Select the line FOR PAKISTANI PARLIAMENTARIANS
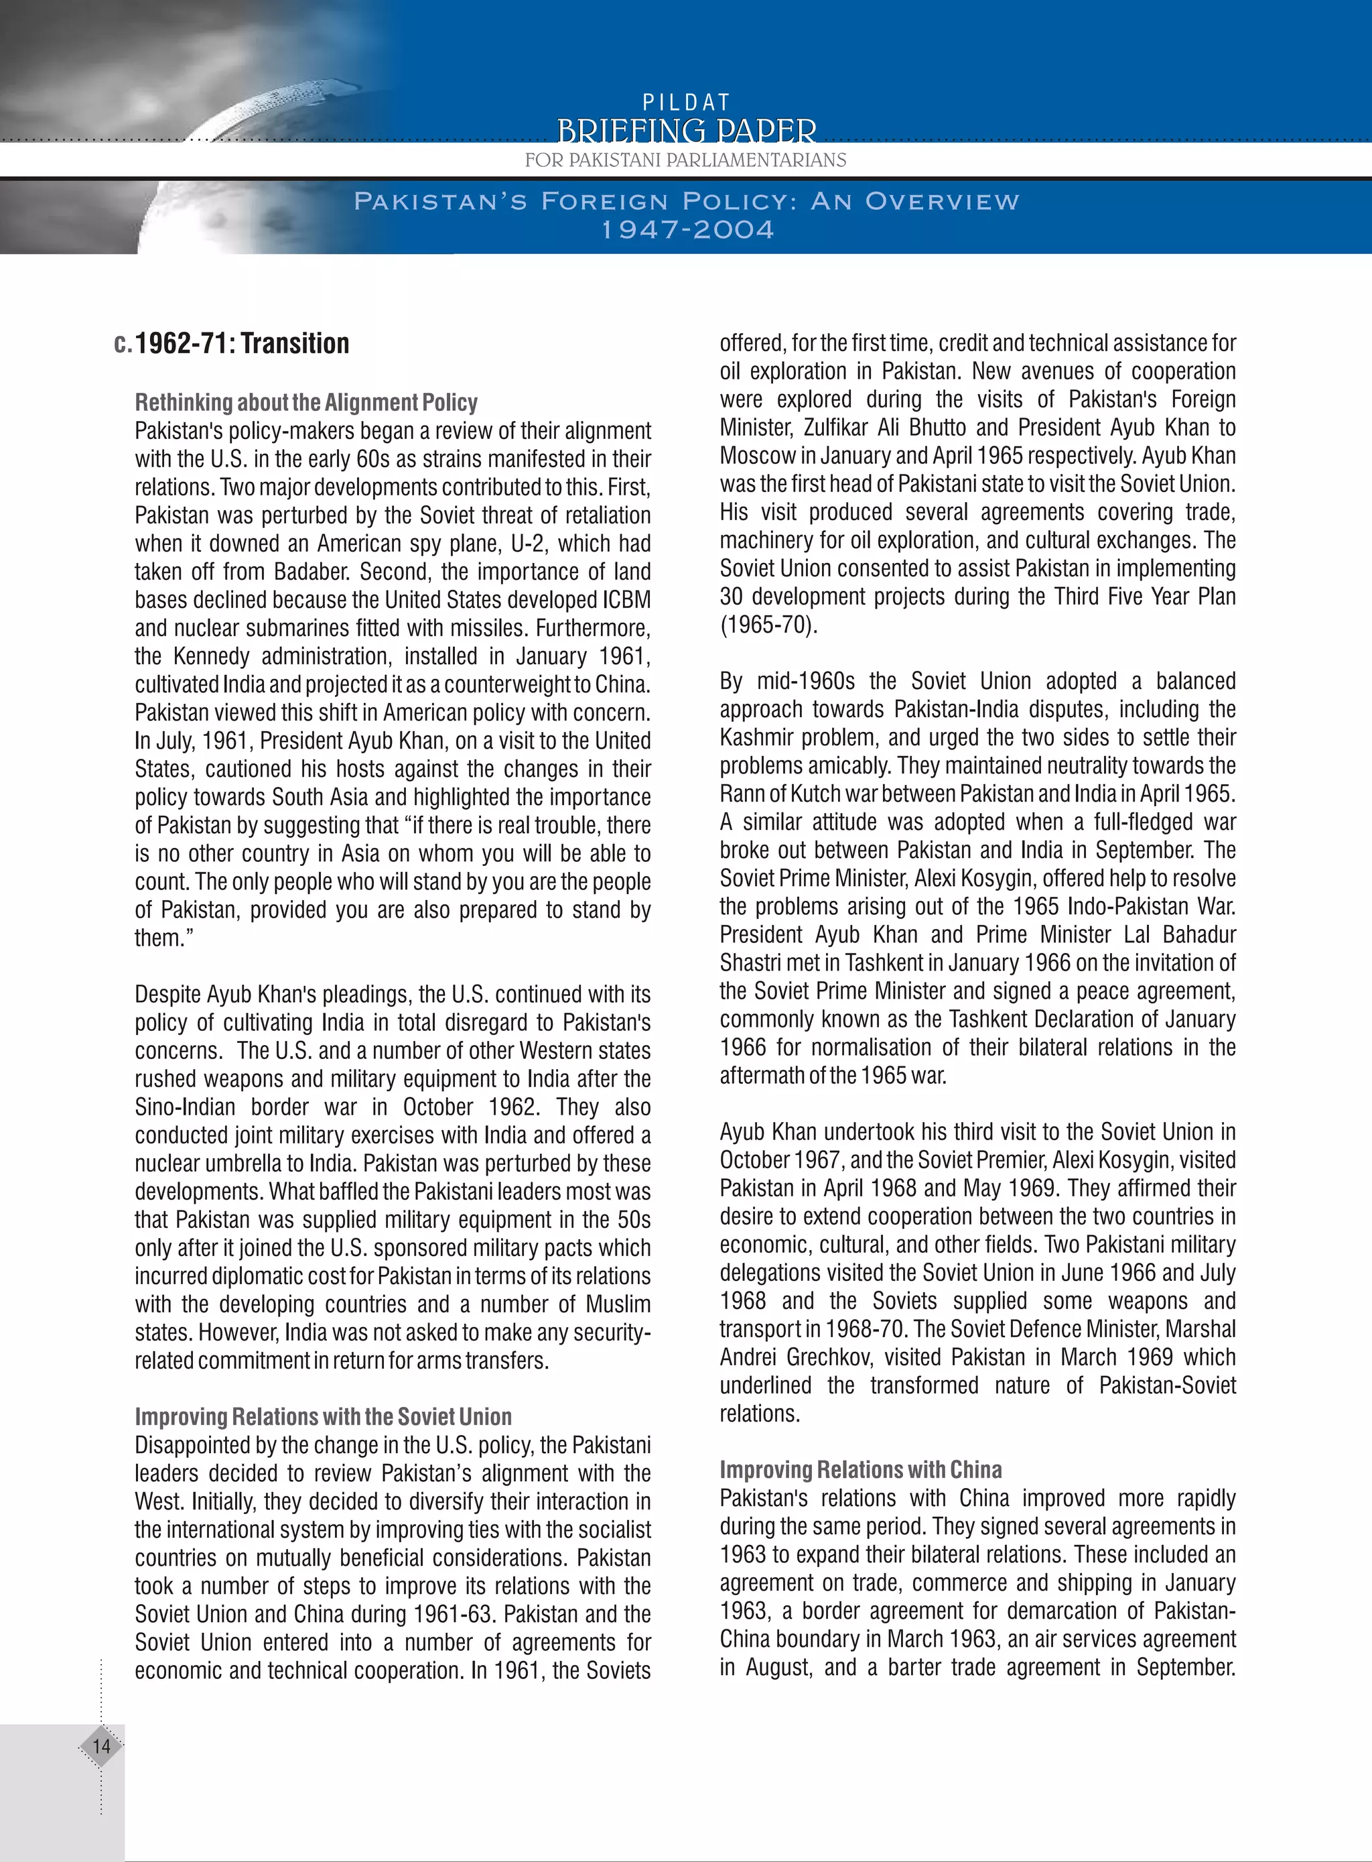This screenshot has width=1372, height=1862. pos(685,160)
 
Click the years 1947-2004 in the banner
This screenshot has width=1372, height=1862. pos(687,230)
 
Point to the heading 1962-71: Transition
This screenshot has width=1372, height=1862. pos(242,343)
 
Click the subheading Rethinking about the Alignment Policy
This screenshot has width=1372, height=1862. pos(306,403)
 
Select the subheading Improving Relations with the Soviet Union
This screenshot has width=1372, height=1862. pos(323,1417)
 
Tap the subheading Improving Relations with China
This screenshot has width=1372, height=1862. pos(860,1470)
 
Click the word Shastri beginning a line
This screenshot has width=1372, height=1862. pos(751,963)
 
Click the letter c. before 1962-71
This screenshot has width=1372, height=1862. pos(122,344)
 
